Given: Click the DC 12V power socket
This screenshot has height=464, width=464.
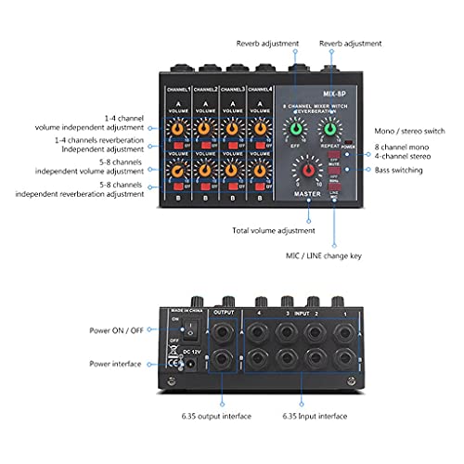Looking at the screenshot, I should (189, 366).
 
